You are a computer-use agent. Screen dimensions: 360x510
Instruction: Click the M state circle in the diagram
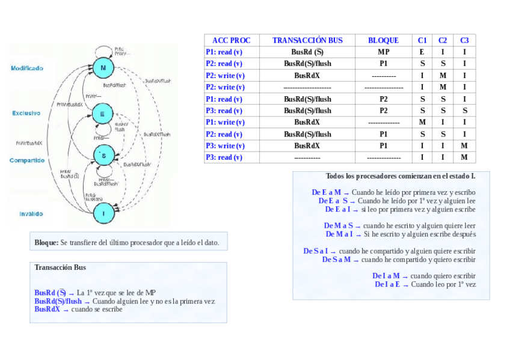(103, 68)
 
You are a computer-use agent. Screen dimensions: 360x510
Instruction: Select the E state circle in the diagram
(102, 112)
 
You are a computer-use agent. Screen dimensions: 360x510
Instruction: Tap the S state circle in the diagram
(103, 156)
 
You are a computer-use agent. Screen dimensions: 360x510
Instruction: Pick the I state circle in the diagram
(103, 213)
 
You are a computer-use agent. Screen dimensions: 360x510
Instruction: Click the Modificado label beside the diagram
(27, 69)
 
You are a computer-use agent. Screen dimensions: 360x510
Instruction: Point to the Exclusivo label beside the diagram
(26, 113)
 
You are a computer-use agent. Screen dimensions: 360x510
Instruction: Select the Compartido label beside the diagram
(27, 160)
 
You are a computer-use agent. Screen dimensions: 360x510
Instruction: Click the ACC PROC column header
(232, 40)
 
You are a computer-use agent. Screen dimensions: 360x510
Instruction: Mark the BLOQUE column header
(383, 40)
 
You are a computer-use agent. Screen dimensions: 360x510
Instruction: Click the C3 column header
(464, 40)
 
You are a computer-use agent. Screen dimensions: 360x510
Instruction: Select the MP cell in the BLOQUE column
(383, 52)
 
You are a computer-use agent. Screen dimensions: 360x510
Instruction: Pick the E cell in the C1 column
(422, 52)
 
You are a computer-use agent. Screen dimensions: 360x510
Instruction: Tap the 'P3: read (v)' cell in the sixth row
(224, 111)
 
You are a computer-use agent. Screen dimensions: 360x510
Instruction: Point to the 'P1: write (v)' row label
(224, 122)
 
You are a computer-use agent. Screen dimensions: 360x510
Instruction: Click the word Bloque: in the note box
(46, 242)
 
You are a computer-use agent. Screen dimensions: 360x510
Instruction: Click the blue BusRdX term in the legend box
(47, 309)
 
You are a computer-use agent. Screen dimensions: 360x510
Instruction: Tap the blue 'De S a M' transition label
(336, 260)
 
